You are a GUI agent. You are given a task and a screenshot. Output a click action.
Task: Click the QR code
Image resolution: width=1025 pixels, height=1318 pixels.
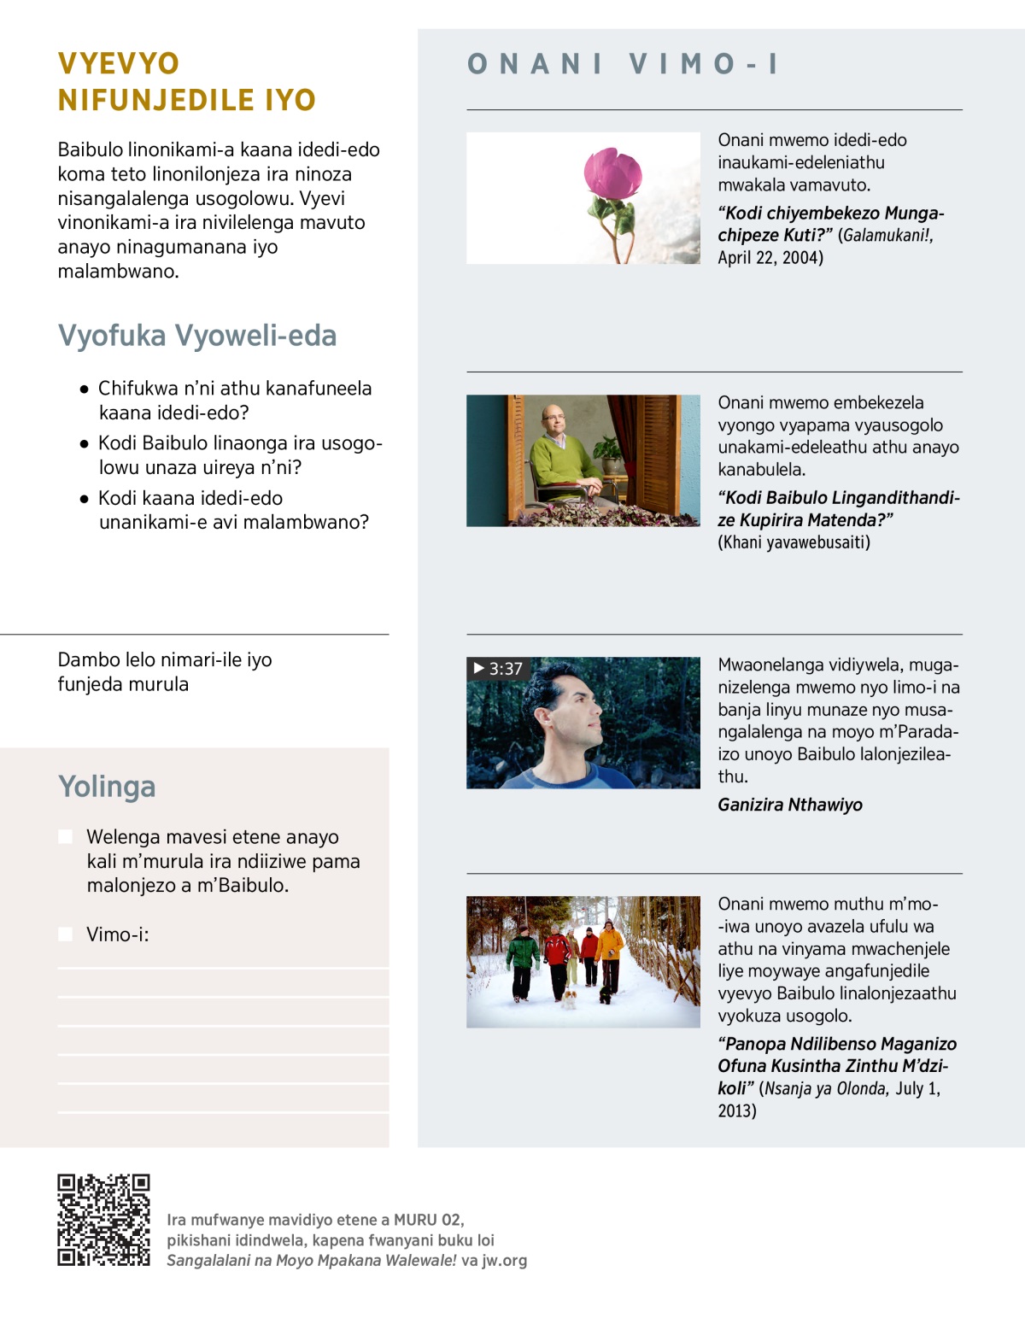coord(103,1219)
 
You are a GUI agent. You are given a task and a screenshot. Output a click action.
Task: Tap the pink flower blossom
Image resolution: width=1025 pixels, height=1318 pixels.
coord(612,173)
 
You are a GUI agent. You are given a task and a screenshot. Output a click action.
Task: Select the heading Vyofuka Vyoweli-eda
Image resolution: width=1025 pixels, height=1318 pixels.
coord(197,336)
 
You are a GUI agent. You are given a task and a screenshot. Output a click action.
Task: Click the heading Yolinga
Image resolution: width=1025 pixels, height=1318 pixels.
coord(107,787)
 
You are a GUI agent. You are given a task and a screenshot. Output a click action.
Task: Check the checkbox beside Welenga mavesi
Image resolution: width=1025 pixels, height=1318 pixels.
coord(66,836)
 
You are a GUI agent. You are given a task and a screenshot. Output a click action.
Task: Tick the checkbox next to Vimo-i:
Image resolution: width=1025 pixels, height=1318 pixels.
coord(66,934)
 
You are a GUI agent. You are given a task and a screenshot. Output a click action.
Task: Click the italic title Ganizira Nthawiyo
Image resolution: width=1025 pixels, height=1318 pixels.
coord(789,805)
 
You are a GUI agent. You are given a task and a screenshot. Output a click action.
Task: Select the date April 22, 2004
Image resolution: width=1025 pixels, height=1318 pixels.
coord(770,258)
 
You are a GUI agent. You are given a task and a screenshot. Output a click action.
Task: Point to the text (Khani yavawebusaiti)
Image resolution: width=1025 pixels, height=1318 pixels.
coord(794,542)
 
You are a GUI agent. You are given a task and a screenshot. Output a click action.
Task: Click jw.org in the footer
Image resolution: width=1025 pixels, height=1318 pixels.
coord(504,1261)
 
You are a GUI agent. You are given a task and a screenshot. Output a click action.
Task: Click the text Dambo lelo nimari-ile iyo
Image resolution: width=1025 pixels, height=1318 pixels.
coord(165,659)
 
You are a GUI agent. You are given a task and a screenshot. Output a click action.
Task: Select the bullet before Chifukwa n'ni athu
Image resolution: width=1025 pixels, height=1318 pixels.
coord(84,389)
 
